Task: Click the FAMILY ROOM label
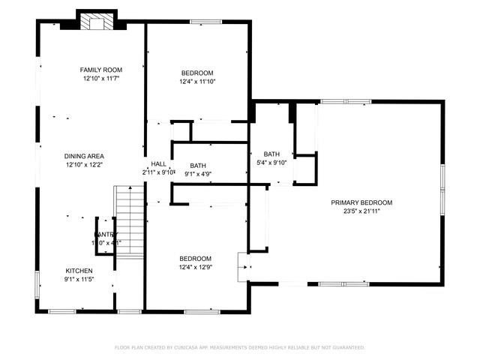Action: coord(101,70)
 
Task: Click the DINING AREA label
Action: coord(84,156)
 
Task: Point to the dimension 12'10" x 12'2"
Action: coord(84,164)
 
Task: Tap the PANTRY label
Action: coord(106,234)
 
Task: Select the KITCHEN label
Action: coord(79,271)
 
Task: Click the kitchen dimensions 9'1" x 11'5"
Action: coord(79,279)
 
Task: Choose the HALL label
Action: coord(158,163)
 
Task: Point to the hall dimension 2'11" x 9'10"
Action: coord(158,172)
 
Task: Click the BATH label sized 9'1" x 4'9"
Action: coord(198,166)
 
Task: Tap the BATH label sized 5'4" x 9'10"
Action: coord(271,154)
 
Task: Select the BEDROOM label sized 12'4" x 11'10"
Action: coord(198,73)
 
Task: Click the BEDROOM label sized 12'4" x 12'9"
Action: coord(195,258)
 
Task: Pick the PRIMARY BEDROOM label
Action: coord(362,202)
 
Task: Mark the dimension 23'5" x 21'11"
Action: coord(362,211)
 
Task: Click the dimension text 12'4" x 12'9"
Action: coord(195,266)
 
